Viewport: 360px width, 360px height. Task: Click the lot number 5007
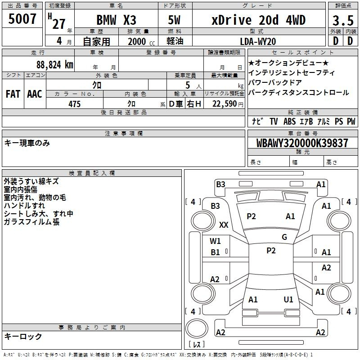pos(22,19)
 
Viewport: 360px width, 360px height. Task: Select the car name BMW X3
pos(116,20)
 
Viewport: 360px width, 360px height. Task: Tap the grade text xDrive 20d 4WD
pos(258,20)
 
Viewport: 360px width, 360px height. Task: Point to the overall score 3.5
pos(343,21)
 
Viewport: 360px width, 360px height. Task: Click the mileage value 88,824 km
pos(54,65)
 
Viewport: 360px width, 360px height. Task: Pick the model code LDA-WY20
pos(258,41)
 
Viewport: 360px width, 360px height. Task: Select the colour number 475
pos(74,104)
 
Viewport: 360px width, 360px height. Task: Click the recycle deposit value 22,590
pos(225,104)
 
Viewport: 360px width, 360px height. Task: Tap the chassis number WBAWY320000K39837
pos(302,143)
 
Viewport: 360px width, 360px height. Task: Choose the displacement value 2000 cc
pos(141,41)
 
